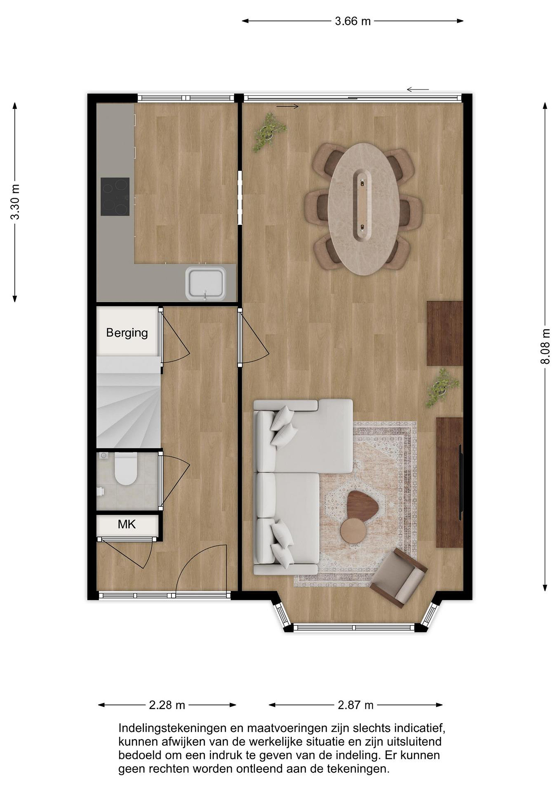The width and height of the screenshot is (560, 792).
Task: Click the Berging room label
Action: (x=127, y=333)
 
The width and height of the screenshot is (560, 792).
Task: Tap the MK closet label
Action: (x=126, y=524)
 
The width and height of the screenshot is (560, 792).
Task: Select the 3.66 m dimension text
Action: (x=353, y=21)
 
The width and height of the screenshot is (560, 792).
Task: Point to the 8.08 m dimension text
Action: (x=545, y=346)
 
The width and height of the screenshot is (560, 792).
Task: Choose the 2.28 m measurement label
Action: (x=167, y=705)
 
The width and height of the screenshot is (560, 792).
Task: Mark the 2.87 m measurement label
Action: (x=355, y=705)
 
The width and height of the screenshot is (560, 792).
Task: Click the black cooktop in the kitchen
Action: (x=115, y=197)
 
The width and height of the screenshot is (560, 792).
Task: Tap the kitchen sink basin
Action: (x=206, y=284)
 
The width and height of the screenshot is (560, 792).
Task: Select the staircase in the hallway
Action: (x=129, y=402)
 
